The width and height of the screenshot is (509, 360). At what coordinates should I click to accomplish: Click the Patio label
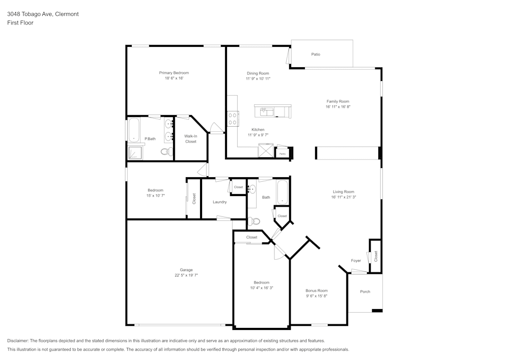[316, 54]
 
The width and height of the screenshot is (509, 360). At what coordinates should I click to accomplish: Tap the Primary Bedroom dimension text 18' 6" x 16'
[174, 78]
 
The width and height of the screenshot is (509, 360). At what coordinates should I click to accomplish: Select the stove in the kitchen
[233, 119]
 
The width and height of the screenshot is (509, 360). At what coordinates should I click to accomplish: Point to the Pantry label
[282, 153]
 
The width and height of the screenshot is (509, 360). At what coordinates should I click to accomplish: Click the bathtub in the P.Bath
[134, 130]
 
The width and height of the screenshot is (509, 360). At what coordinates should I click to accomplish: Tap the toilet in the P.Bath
[165, 151]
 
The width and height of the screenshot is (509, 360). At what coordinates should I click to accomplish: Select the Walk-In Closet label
[190, 139]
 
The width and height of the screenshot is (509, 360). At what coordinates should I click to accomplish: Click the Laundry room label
[219, 202]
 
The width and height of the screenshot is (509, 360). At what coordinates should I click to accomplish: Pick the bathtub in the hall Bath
[282, 192]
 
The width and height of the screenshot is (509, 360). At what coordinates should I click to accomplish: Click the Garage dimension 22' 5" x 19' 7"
[186, 275]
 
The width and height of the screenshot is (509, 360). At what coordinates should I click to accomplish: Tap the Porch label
[365, 292]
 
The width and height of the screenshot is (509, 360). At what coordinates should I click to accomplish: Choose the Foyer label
[356, 261]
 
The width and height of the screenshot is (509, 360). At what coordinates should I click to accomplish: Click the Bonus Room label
[316, 290]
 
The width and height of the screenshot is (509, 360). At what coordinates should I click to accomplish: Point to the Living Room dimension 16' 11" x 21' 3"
[343, 197]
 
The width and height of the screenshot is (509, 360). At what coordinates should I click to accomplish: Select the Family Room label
[337, 101]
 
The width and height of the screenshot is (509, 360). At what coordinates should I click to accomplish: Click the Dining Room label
[258, 73]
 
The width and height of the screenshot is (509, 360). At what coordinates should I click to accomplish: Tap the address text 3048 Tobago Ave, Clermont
[43, 14]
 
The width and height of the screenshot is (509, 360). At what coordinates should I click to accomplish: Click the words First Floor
[20, 23]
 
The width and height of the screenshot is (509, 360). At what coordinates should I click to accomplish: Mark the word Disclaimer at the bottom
[18, 341]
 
